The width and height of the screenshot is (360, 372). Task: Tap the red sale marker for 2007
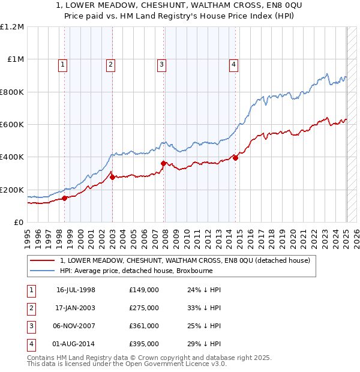tap(164, 163)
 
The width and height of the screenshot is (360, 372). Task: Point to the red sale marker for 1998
tap(65, 198)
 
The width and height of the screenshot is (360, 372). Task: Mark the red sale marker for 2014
tap(236, 158)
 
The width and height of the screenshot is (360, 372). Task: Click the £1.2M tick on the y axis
tap(12, 27)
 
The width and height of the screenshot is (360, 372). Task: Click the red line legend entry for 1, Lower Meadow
tap(185, 260)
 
